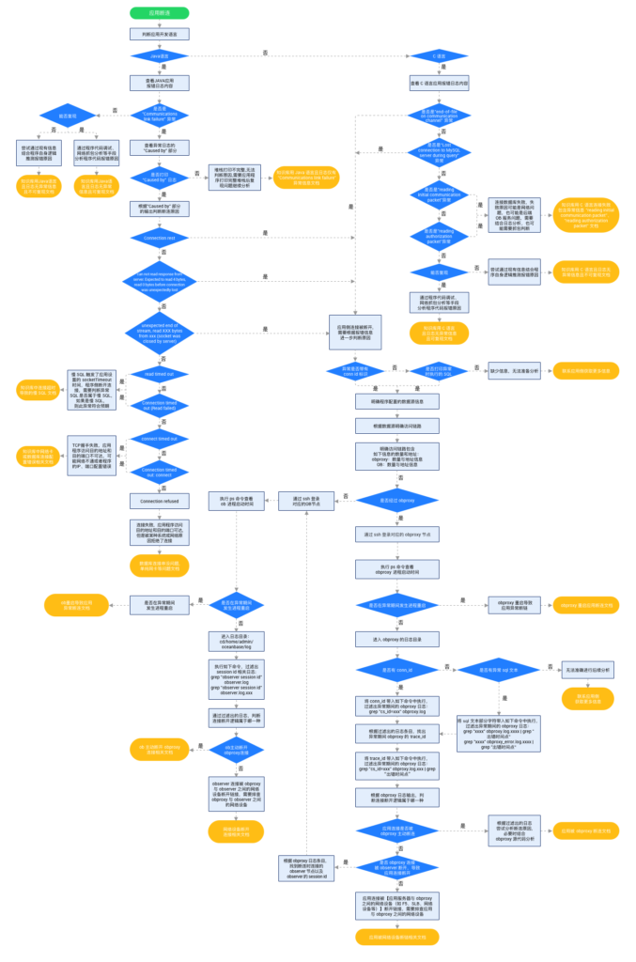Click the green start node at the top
159,13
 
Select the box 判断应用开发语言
159,34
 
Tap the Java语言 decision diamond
159,56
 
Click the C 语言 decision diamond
441,56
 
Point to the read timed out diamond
159,374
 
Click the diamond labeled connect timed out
159,438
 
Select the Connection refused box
159,501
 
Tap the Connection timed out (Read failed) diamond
159,406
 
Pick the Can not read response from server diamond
159,281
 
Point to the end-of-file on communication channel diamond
441,116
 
